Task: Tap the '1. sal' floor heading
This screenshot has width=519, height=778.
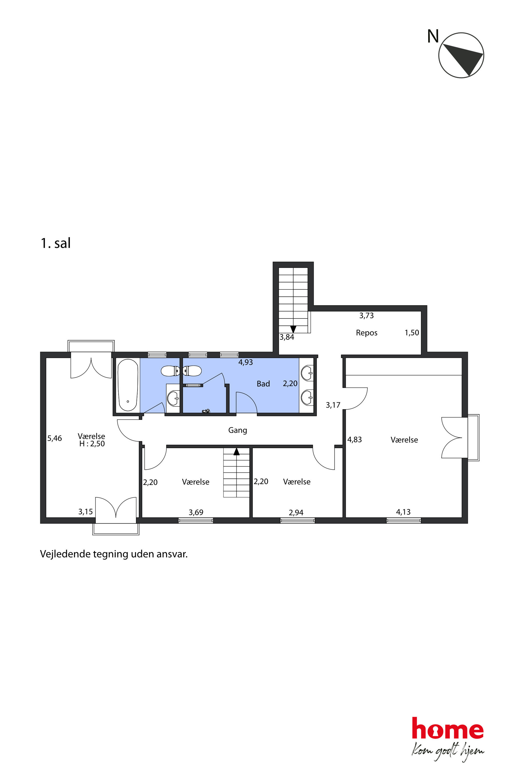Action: point(56,243)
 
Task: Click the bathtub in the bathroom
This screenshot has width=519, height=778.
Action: point(128,385)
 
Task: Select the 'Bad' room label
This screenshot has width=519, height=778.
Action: point(263,384)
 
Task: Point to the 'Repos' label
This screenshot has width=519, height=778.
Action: point(366,333)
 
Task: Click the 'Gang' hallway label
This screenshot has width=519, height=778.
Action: point(238,430)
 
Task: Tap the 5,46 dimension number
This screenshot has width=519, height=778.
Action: point(55,439)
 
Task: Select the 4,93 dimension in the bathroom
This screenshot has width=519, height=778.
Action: point(246,363)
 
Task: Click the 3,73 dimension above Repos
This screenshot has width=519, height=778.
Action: point(366,316)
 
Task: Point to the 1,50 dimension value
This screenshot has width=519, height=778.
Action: point(412,333)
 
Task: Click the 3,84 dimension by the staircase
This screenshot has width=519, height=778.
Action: point(287,337)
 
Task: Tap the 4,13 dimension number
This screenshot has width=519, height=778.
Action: point(403,512)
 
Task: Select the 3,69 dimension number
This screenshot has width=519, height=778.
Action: point(196,512)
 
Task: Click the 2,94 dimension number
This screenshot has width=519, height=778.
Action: point(296,513)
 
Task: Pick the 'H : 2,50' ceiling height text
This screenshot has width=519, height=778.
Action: point(92,444)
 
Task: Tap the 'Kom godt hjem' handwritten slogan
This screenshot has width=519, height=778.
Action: point(448,750)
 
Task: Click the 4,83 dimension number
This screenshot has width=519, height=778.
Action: point(354,440)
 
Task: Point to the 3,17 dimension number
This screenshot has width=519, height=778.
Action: point(333,405)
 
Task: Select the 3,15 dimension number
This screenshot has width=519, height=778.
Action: point(85,512)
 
